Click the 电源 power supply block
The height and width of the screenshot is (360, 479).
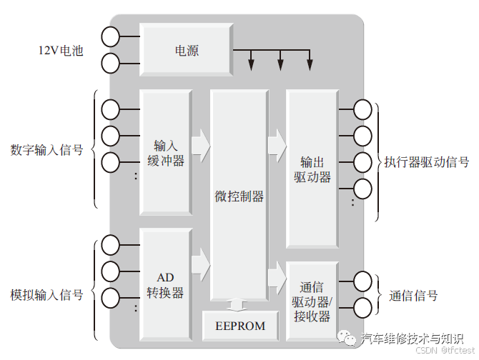187,51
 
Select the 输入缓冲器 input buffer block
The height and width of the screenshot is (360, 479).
165,151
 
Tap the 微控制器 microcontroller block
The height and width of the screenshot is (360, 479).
239,196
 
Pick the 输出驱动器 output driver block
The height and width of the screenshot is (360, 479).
312,169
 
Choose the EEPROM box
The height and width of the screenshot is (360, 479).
240,326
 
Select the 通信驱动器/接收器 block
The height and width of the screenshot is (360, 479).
312,301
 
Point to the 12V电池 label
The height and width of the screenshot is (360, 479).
61,51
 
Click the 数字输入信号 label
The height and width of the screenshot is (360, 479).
46,151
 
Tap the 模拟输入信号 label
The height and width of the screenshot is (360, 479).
46,295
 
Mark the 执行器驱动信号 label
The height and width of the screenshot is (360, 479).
426,162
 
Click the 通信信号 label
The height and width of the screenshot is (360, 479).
413,296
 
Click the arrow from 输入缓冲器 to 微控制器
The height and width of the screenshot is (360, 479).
201,145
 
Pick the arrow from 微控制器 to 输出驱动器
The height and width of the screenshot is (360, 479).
277,145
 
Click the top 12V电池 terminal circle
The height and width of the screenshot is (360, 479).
111,35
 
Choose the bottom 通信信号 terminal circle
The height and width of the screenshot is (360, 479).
363,307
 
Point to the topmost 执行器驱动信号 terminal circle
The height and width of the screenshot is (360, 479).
363,109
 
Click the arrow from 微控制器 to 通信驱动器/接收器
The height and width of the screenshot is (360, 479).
277,277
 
